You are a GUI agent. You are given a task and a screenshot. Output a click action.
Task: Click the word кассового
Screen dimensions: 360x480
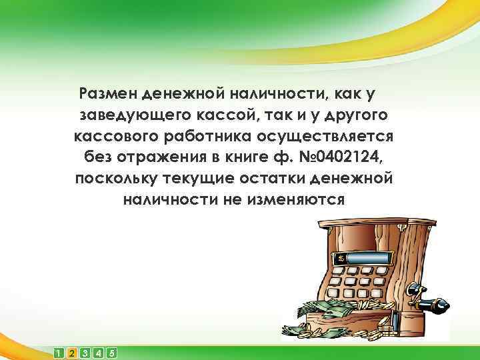tap(117, 137)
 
